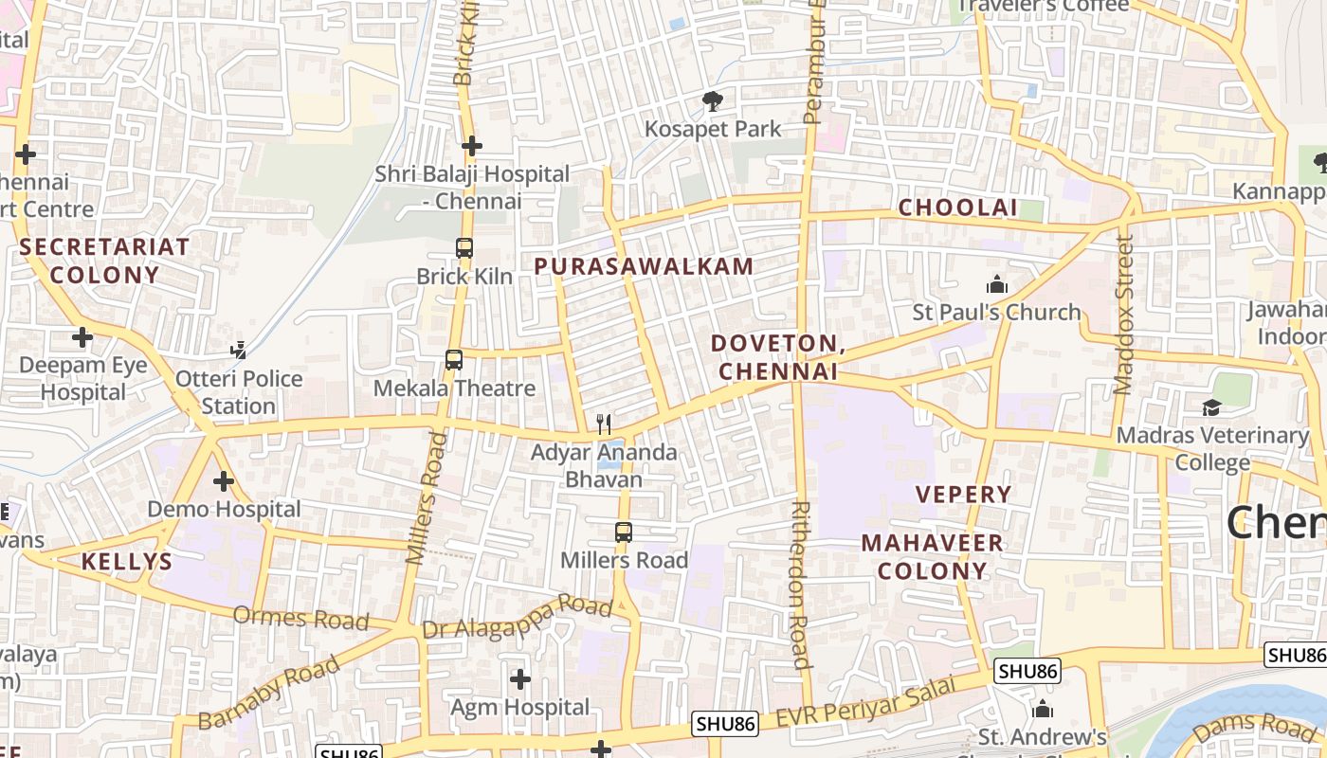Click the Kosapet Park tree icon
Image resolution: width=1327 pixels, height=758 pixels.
click(x=712, y=100)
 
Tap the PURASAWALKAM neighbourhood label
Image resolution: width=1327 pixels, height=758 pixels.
click(x=644, y=266)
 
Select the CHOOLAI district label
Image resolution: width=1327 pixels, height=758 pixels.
click(x=957, y=208)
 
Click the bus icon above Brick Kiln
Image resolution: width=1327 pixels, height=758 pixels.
click(x=464, y=248)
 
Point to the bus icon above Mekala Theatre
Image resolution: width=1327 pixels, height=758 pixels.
click(x=454, y=360)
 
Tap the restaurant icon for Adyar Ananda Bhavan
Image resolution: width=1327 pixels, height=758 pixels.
click(x=604, y=424)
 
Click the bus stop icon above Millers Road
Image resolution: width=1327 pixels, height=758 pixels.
click(x=623, y=532)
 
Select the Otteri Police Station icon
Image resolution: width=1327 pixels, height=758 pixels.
click(x=238, y=351)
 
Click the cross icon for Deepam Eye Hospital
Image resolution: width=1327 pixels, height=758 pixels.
click(x=82, y=336)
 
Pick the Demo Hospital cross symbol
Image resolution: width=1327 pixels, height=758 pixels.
click(x=224, y=481)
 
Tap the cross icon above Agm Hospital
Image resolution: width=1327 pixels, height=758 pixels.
click(x=519, y=678)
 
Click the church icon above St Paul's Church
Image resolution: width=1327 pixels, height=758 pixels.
click(x=996, y=284)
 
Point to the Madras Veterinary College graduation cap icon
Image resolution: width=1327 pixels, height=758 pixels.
click(x=1211, y=407)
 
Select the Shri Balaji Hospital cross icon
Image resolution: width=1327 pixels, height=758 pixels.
click(x=472, y=146)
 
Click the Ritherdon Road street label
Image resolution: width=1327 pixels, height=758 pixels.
click(x=800, y=585)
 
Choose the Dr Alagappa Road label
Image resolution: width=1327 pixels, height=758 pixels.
click(x=518, y=617)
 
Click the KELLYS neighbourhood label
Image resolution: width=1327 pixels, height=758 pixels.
click(x=127, y=561)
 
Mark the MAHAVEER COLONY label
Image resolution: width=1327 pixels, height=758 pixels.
click(x=933, y=556)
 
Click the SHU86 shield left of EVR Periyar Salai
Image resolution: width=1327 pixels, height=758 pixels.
click(x=725, y=724)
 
